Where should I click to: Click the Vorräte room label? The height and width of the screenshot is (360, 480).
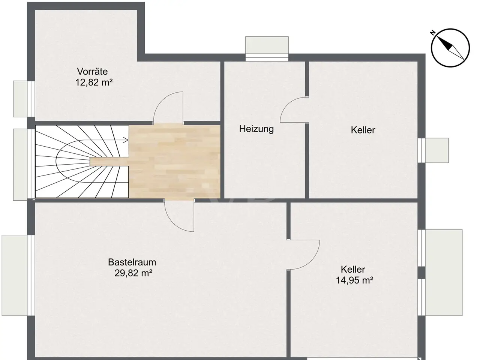92,72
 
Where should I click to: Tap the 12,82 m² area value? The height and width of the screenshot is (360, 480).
94,82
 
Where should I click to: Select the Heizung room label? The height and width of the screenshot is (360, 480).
256,129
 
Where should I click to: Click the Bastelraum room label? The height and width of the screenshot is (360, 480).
132,262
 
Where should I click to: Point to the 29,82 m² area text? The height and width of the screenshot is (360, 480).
133,273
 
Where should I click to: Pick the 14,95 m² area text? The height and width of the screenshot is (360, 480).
354,280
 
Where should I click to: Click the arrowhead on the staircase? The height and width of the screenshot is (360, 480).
126,140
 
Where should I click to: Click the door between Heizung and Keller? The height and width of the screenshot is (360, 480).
294,110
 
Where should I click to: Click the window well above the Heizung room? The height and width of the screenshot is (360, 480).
267,48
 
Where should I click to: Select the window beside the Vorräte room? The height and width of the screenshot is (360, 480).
24,99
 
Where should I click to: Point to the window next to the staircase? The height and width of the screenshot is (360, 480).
24,164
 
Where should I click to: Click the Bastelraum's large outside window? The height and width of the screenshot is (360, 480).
18,275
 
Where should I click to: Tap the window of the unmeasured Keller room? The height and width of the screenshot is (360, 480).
433,150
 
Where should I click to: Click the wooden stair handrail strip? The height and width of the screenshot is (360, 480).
109,162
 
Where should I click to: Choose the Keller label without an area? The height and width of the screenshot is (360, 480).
363,130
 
